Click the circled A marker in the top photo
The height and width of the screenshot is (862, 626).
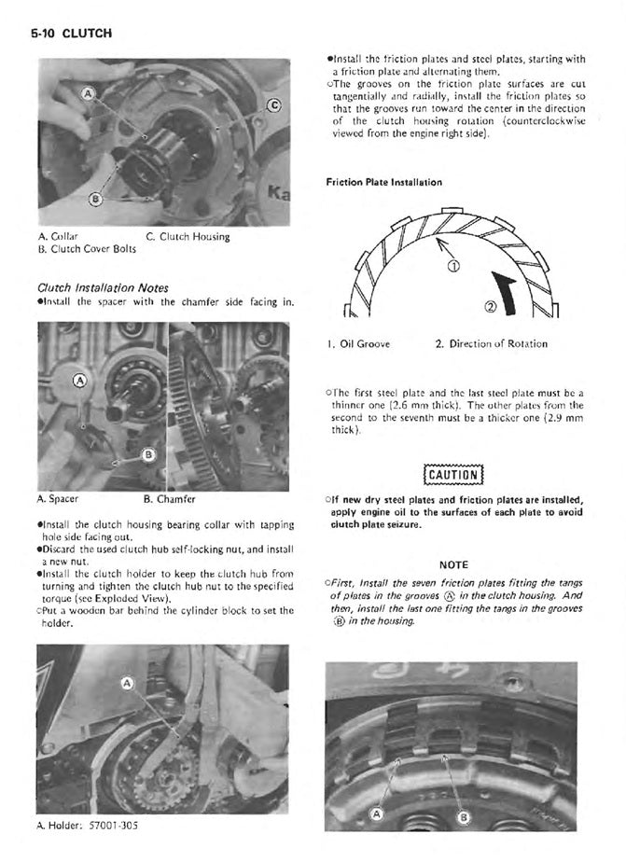coord(88,95)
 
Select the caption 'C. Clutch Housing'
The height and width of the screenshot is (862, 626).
coord(188,237)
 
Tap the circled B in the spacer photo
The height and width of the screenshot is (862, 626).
coord(147,454)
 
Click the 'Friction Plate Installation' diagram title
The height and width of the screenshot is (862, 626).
coord(384,182)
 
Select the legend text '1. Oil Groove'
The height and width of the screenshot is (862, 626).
coord(359,344)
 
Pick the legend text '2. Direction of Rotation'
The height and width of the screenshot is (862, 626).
coord(491,344)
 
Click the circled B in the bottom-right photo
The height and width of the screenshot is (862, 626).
coord(461,817)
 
